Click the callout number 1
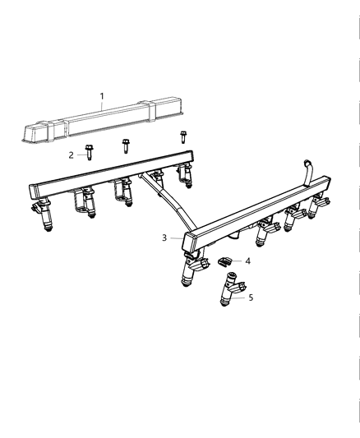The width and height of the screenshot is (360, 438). tap(103, 97)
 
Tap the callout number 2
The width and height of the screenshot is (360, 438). tap(72, 154)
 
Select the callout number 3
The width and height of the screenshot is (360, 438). tap(164, 237)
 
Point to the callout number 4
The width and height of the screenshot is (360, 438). tap(248, 260)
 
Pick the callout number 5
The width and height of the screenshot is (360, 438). tap(251, 297)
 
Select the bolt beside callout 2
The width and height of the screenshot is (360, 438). tap(88, 153)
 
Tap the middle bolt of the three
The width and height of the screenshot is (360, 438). tap(126, 146)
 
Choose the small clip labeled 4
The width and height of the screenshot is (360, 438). tap(224, 262)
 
